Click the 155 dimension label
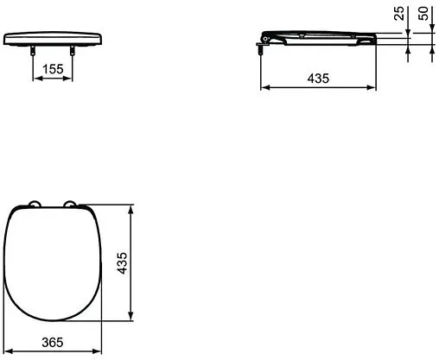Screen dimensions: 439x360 click(53, 69)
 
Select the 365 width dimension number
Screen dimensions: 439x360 click(53, 343)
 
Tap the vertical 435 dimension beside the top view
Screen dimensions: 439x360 click(122, 263)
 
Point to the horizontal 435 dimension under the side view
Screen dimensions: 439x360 click(318, 79)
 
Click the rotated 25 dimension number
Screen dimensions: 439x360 click(399, 13)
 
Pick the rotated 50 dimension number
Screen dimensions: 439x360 click(423, 13)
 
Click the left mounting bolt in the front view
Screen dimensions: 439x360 click(33, 50)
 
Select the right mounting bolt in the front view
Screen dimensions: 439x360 click(72, 50)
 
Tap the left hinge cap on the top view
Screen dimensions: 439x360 click(35, 204)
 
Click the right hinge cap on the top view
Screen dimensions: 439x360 click(70, 204)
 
